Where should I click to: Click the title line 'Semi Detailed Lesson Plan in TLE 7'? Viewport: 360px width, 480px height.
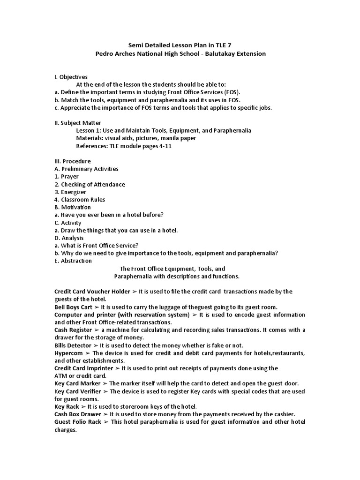click(180, 45)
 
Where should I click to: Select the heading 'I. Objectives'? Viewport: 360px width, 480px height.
click(71, 77)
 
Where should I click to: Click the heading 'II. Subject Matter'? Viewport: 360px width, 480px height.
click(77, 123)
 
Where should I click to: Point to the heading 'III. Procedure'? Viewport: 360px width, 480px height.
click(73, 161)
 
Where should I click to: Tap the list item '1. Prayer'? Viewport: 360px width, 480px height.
click(67, 177)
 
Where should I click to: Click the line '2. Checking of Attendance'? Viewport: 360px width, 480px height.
click(90, 184)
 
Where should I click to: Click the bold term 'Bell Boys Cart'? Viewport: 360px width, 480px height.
click(73, 307)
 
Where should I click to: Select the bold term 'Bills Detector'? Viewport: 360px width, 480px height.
click(73, 345)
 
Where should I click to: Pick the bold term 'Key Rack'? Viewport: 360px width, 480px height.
click(67, 406)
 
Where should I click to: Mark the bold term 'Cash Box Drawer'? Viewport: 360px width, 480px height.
click(77, 414)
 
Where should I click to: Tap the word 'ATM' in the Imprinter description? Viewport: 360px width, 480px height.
click(61, 376)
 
